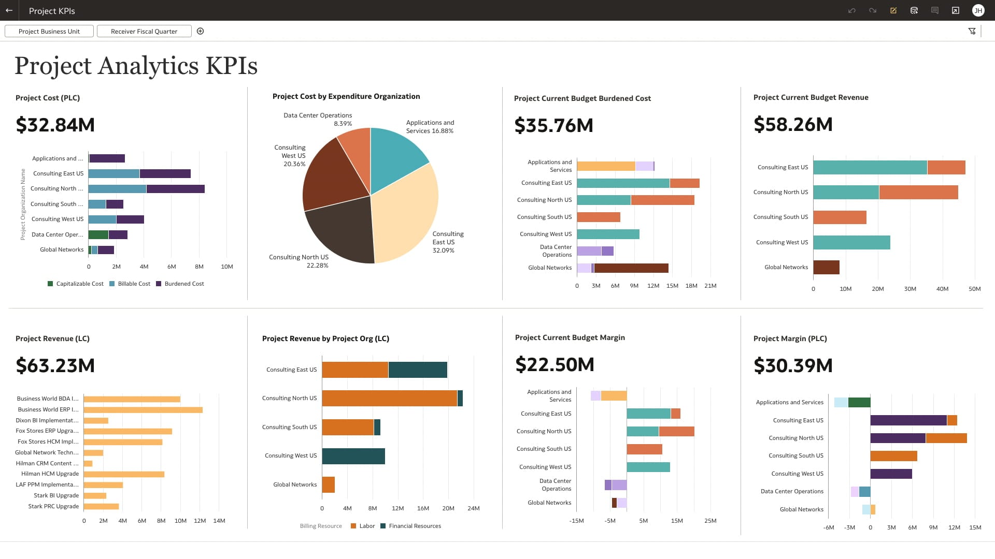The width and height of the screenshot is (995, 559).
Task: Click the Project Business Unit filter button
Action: pyautogui.click(x=49, y=32)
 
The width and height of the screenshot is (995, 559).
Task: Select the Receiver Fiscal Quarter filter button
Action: pyautogui.click(x=144, y=32)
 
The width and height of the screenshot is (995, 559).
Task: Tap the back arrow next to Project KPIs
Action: pyautogui.click(x=9, y=10)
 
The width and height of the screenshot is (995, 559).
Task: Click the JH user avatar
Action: pyautogui.click(x=978, y=10)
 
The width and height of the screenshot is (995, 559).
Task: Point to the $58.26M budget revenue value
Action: pyautogui.click(x=793, y=125)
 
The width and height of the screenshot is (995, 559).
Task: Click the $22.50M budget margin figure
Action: pyautogui.click(x=555, y=365)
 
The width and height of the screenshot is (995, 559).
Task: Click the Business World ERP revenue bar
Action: pyautogui.click(x=143, y=410)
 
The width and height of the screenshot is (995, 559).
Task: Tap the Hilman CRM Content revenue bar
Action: pyautogui.click(x=88, y=464)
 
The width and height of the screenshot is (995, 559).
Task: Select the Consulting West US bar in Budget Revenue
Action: pyautogui.click(x=851, y=242)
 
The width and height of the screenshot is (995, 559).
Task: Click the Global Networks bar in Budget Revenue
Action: pyautogui.click(x=826, y=268)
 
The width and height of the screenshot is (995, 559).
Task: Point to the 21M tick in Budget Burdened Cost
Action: pyautogui.click(x=710, y=286)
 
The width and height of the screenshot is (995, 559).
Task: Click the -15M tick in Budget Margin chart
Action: pyautogui.click(x=576, y=521)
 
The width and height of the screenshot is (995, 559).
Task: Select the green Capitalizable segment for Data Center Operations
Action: pyautogui.click(x=98, y=235)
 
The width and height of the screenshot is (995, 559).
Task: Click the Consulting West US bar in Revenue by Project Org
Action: pyautogui.click(x=353, y=456)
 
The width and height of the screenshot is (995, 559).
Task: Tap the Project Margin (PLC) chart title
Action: pyautogui.click(x=790, y=339)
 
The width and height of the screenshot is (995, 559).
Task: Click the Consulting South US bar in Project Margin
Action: pyautogui.click(x=893, y=456)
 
